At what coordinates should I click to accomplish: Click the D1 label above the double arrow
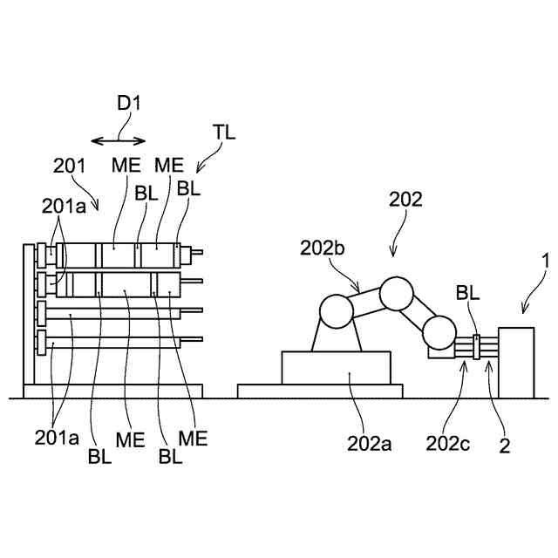[129, 103]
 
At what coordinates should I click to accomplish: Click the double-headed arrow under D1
[119, 139]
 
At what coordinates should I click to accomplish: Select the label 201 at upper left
[69, 165]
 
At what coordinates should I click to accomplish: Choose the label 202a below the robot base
[370, 444]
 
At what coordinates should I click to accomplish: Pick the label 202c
[448, 444]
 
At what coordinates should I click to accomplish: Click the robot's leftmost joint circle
[337, 310]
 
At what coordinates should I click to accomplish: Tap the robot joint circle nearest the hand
[439, 332]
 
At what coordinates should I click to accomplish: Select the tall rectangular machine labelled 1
[516, 360]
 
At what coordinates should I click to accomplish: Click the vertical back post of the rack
[27, 314]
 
